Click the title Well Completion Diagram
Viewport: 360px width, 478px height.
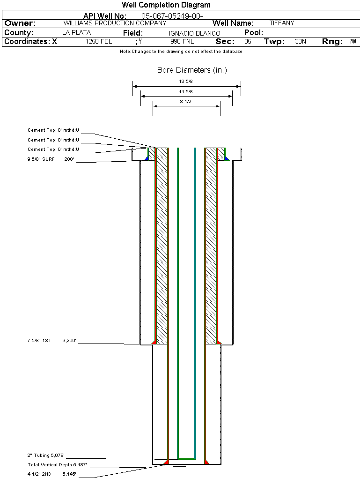pos(166,5)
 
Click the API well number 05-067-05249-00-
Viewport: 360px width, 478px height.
pos(172,16)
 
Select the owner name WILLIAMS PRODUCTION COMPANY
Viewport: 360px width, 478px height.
pos(115,23)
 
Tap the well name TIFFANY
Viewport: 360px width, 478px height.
pos(282,23)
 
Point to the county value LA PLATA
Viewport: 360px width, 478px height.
pos(76,33)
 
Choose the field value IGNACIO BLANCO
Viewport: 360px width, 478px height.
pos(194,33)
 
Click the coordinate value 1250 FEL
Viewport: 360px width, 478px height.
pos(99,42)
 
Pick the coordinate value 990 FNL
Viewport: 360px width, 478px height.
pos(182,42)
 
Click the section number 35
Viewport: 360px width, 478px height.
pos(248,42)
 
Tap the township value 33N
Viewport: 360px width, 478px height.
pos(301,42)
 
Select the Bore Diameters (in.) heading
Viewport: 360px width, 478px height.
pos(192,70)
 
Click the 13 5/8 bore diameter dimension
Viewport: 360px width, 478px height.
pos(186,82)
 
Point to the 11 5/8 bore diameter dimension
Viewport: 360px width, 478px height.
pos(186,91)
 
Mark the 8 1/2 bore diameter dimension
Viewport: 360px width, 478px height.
pos(186,101)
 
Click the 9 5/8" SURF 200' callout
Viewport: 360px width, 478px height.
pos(51,159)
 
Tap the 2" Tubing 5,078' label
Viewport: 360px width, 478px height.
pos(46,455)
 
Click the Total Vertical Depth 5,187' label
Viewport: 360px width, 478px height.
pos(57,465)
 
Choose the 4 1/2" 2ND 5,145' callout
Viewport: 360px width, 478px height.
pos(51,474)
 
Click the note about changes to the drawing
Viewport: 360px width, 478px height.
pos(181,52)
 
